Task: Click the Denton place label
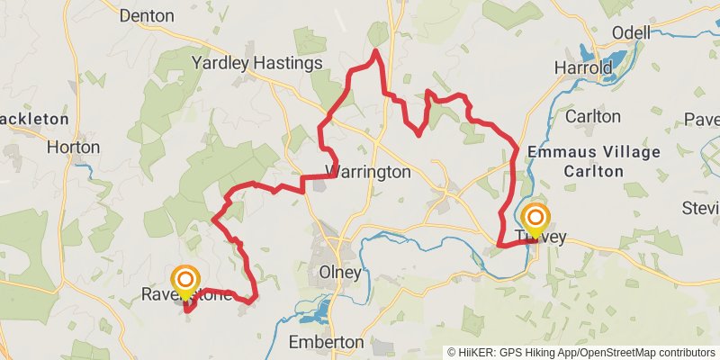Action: point(146,15)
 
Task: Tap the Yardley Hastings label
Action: point(256,63)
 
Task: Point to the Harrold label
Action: point(582,67)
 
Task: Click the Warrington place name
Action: point(368,172)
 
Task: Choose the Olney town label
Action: point(340,272)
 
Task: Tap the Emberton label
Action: point(326,342)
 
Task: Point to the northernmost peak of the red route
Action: point(374,51)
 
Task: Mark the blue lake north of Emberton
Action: point(315,312)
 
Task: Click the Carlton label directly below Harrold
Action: point(592,116)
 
